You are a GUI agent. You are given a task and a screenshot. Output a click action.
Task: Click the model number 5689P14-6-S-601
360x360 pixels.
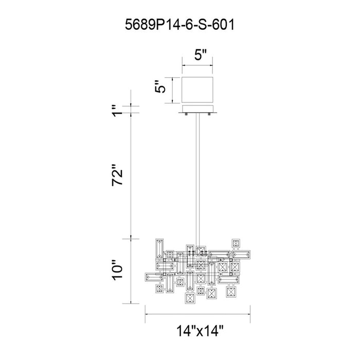pyautogui.click(x=180, y=25)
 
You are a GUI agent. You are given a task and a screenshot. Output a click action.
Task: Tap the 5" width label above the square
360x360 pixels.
pyautogui.click(x=201, y=55)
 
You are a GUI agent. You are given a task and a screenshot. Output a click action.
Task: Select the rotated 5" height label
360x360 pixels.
pyautogui.click(x=160, y=86)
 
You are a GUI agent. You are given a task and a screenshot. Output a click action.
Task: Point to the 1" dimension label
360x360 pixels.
pyautogui.click(x=117, y=111)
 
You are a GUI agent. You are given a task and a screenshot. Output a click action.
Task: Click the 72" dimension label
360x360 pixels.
pyautogui.click(x=117, y=175)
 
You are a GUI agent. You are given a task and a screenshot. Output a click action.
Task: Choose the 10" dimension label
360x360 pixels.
pyautogui.click(x=117, y=270)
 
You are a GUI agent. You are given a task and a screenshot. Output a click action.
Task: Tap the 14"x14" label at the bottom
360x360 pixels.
pyautogui.click(x=200, y=331)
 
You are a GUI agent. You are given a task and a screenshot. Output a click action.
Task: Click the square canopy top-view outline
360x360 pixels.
pyautogui.click(x=197, y=90)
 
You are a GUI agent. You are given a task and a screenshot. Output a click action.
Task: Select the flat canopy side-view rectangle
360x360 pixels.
pyautogui.click(x=197, y=109)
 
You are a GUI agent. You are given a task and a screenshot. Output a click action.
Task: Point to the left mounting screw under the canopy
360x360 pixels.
pyautogui.click(x=186, y=114)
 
